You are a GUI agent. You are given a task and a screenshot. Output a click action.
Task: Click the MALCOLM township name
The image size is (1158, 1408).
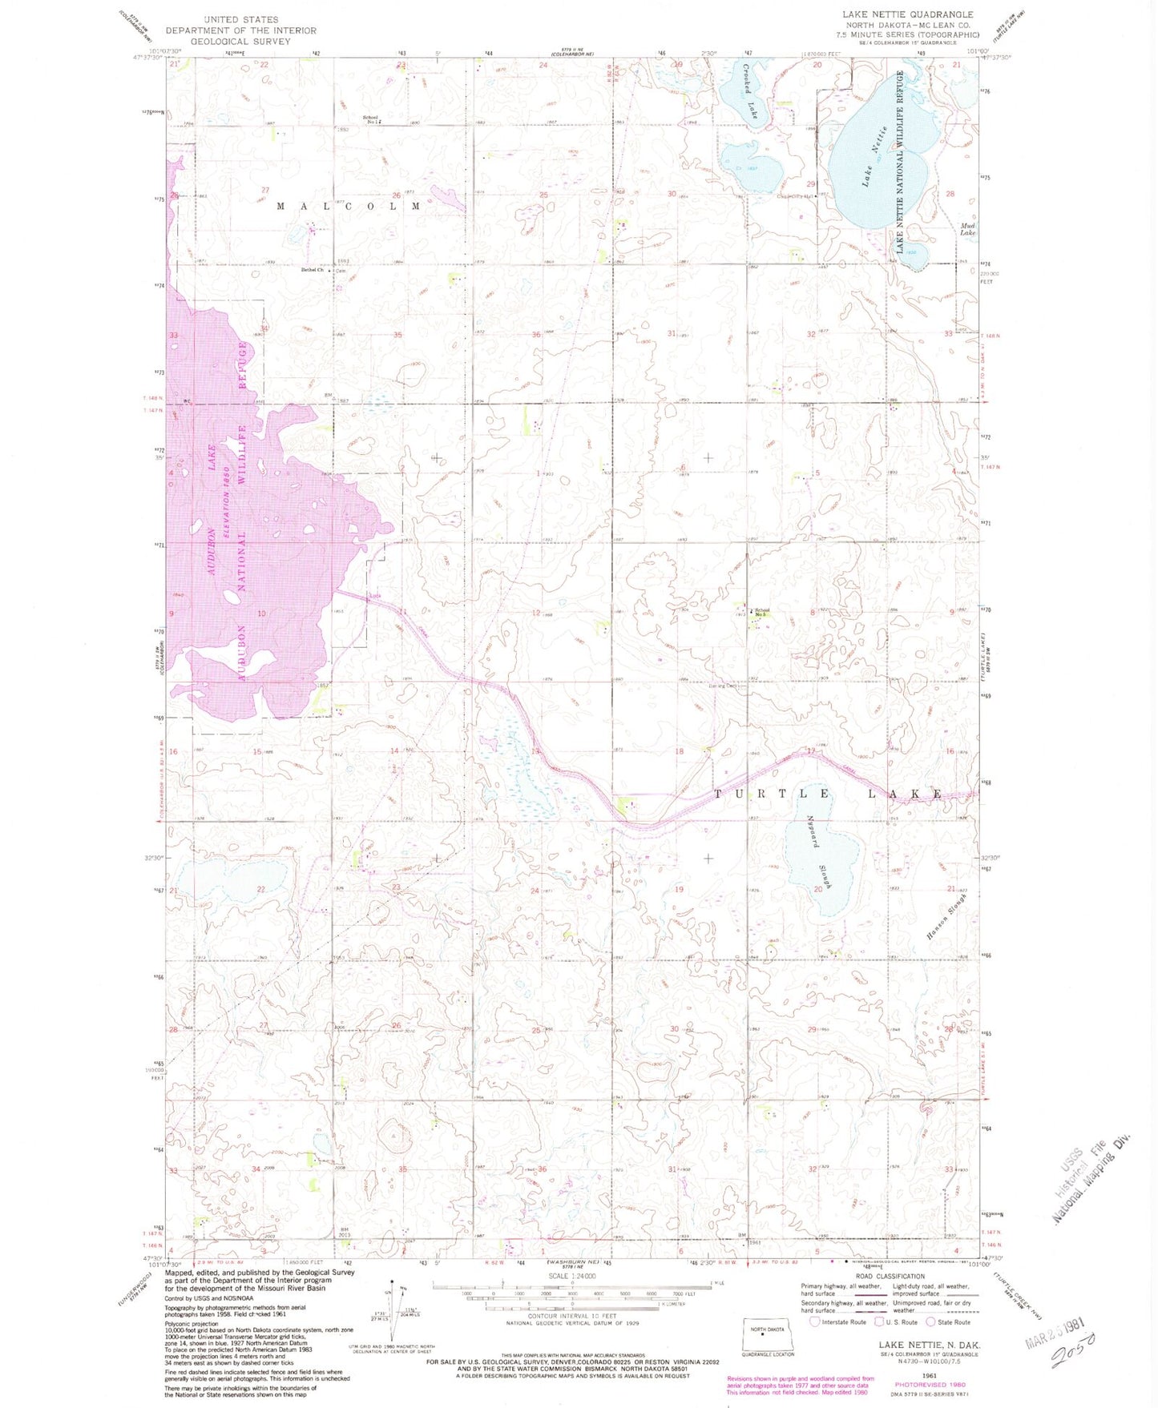click(x=348, y=207)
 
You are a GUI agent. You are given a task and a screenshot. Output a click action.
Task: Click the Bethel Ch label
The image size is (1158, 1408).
click(x=313, y=270)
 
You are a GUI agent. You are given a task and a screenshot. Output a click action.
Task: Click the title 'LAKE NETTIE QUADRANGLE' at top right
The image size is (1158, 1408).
click(x=907, y=14)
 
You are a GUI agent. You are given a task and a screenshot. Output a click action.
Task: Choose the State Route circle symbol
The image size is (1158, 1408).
click(x=931, y=1322)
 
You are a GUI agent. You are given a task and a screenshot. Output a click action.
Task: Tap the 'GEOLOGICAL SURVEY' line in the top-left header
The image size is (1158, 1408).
click(x=241, y=42)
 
